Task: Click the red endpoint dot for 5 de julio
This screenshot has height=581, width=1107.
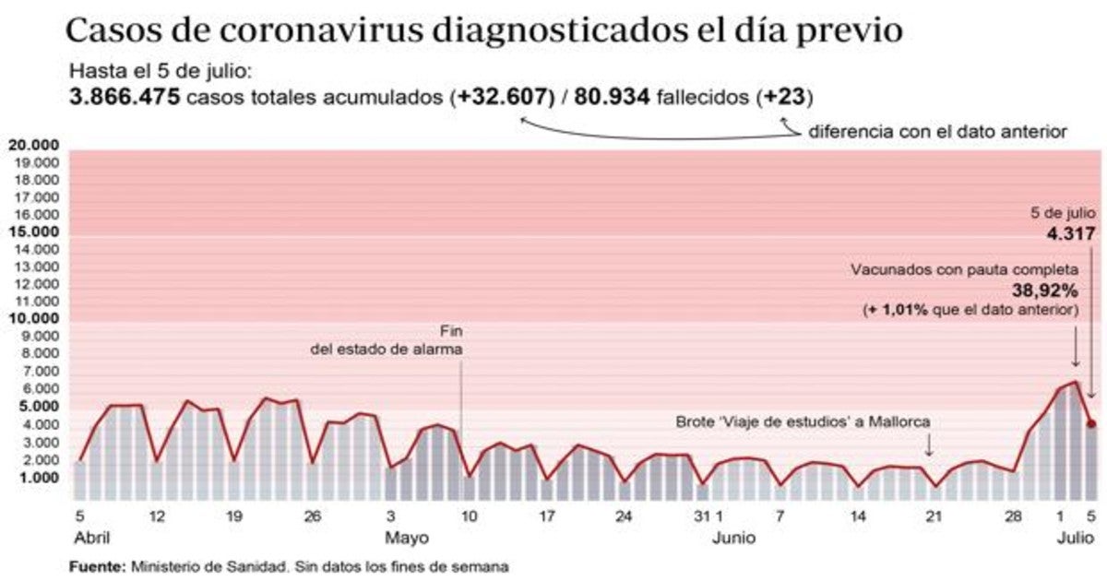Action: tap(1090, 424)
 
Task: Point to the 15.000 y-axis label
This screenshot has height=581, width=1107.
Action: tap(33, 232)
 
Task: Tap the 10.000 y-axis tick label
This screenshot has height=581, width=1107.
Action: tap(33, 319)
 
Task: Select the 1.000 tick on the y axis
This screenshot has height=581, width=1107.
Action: tap(37, 478)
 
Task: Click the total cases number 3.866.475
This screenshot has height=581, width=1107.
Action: tap(125, 97)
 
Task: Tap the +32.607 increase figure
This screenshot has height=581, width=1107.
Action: tap(502, 97)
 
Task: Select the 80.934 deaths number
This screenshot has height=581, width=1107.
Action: tap(613, 97)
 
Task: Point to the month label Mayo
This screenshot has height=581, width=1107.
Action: tap(406, 536)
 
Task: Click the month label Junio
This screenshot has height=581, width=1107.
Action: tap(735, 536)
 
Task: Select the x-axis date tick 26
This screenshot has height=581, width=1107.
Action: tap(313, 516)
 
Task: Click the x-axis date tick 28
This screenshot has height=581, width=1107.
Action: tap(1015, 516)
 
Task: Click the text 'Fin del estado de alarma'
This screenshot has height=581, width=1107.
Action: tap(386, 341)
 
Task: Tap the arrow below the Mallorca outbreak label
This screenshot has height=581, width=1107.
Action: tap(929, 447)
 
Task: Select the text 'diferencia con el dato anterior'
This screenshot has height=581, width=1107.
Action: tap(938, 132)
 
